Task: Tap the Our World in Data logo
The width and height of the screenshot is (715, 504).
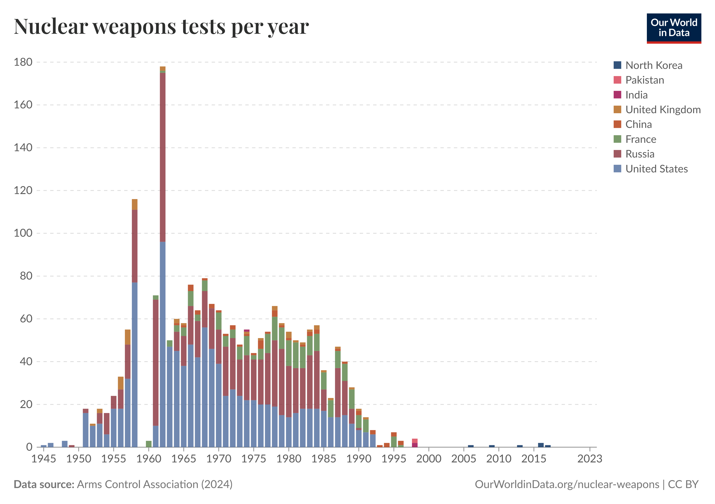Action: [674, 28]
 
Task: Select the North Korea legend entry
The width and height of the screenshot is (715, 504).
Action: [653, 65]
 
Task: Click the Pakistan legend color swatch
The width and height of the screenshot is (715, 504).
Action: [617, 80]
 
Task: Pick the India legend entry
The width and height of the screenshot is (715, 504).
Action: [636, 95]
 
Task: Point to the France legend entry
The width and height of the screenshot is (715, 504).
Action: [640, 139]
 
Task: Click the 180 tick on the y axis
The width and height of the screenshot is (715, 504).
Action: [23, 62]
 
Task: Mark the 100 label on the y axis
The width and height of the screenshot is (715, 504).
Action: [23, 233]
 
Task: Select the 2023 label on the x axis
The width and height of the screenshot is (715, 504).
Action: [589, 459]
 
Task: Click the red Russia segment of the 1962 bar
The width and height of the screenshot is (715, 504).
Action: [163, 157]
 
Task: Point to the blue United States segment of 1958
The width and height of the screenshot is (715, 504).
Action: [135, 364]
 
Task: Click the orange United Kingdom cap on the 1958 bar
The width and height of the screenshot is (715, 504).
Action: [135, 204]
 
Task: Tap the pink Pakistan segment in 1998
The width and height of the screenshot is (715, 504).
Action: [415, 441]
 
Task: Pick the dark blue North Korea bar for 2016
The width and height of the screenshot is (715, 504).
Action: [541, 445]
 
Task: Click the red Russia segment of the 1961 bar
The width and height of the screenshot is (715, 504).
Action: [156, 362]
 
